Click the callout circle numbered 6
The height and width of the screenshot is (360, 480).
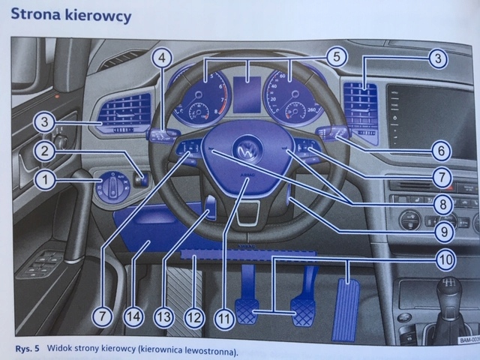click(442, 151)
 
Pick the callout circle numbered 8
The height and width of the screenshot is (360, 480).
click(442, 203)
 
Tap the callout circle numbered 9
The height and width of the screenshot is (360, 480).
click(442, 232)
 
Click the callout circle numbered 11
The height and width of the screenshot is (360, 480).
click(223, 317)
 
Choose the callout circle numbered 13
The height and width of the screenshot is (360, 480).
click(164, 317)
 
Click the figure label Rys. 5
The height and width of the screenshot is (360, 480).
click(28, 349)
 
